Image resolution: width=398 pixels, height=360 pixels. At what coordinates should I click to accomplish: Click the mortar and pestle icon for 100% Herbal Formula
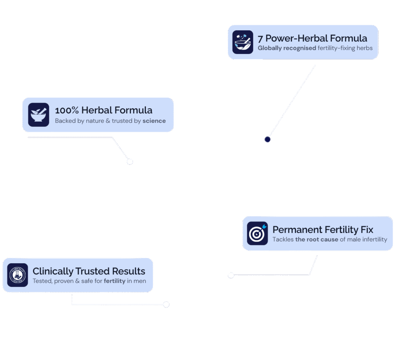click(38, 115)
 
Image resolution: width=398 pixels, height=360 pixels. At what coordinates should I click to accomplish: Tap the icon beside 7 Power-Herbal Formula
click(243, 42)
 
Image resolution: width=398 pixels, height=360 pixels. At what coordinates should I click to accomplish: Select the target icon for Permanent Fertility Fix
click(257, 233)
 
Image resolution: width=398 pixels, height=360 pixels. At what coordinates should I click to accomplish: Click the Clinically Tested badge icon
click(17, 275)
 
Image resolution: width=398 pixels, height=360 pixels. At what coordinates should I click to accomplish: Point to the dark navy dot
click(267, 139)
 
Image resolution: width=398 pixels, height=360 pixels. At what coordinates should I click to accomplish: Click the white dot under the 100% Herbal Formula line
click(130, 162)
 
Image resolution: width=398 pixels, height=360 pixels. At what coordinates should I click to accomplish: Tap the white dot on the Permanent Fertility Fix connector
click(231, 275)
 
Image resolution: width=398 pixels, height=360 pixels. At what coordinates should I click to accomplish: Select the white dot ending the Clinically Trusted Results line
click(166, 304)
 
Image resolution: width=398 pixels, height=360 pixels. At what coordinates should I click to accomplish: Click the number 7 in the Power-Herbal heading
click(260, 38)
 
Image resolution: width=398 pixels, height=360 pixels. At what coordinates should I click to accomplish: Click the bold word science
click(154, 121)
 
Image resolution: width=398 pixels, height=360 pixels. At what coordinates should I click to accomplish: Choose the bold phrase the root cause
click(316, 239)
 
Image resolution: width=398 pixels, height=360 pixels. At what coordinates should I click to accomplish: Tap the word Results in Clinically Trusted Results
click(129, 271)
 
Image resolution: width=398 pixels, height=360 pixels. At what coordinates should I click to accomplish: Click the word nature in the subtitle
click(95, 121)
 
